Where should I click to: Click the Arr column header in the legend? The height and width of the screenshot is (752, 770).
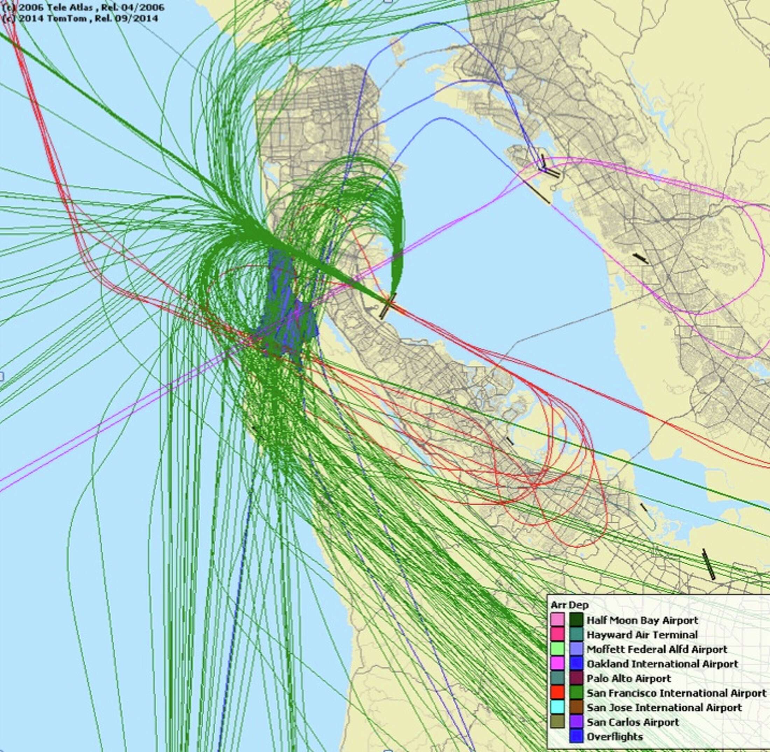(x=558, y=605)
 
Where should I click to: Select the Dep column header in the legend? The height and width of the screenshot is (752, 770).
(x=578, y=605)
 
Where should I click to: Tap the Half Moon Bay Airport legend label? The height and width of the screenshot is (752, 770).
(x=642, y=620)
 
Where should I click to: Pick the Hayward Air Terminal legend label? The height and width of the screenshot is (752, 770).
(x=642, y=635)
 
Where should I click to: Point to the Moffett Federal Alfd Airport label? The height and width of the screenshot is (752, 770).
(x=657, y=649)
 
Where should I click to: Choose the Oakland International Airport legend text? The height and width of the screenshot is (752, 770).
(x=662, y=664)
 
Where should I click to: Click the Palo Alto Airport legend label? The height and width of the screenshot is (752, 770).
(x=629, y=678)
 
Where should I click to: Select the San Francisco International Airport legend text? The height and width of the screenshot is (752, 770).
(x=676, y=693)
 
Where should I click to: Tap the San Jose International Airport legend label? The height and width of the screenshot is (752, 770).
(x=664, y=708)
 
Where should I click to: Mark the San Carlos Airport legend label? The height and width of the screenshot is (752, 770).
(x=632, y=722)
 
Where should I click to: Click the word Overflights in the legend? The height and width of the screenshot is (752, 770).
(x=614, y=737)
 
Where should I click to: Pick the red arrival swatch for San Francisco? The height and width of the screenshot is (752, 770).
(x=558, y=693)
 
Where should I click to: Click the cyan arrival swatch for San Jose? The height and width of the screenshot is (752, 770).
(x=558, y=708)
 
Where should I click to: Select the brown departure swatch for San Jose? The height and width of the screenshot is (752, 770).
(x=576, y=708)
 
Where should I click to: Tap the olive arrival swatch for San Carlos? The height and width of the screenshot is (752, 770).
(x=558, y=722)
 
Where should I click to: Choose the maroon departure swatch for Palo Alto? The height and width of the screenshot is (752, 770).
(x=576, y=678)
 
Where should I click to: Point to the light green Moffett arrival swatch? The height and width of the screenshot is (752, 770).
(x=558, y=649)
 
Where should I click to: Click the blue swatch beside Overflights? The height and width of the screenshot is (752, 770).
(x=576, y=737)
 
